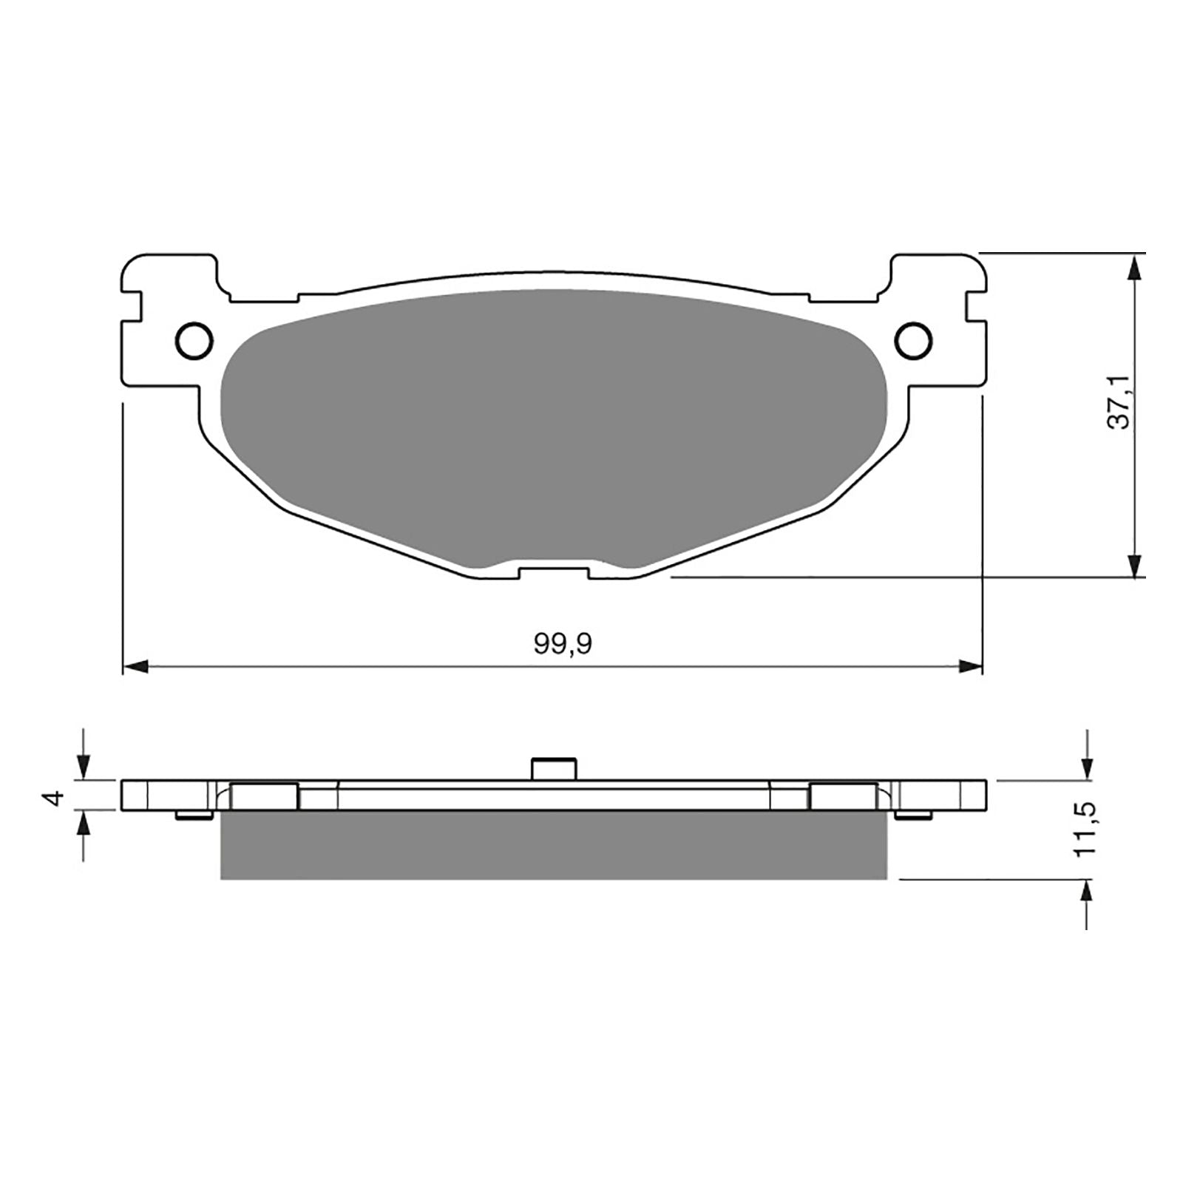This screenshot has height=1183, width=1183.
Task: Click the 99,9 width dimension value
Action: pyautogui.click(x=563, y=645)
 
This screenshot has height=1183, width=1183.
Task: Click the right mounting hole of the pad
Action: pyautogui.click(x=913, y=339)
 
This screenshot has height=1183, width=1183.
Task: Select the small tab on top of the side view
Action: pyautogui.click(x=554, y=767)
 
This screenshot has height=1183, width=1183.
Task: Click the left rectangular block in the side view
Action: pyautogui.click(x=265, y=796)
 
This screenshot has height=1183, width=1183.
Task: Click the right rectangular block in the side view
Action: pyautogui.click(x=844, y=796)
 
